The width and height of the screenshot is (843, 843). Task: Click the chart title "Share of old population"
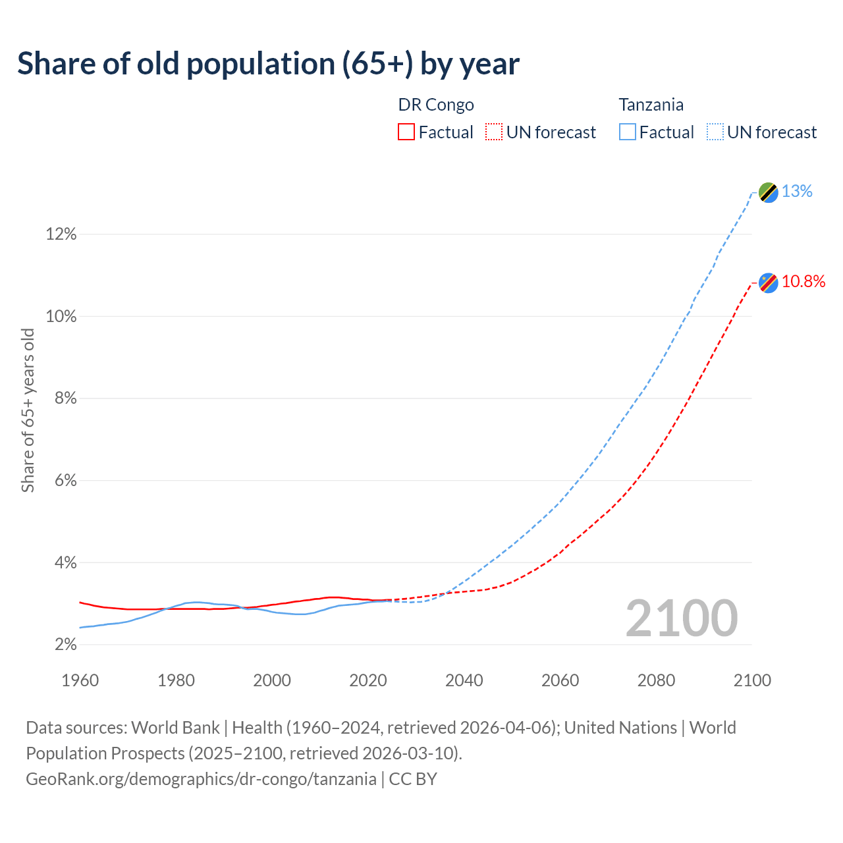268,64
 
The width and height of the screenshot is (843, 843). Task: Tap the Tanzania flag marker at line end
768,192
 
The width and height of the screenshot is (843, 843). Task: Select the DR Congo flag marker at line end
768,283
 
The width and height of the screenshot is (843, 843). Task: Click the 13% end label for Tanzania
797,192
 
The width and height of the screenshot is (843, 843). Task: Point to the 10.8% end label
803,282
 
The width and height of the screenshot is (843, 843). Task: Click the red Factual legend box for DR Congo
406,132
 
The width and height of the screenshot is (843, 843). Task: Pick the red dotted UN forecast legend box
494,132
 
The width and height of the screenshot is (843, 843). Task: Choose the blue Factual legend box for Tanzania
628,132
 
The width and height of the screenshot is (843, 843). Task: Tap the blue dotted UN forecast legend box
715,132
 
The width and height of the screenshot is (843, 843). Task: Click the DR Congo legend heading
436,105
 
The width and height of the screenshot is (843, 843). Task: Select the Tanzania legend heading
651,105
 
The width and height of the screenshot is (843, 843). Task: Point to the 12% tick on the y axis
61,234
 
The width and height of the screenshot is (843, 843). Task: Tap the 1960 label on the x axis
80,680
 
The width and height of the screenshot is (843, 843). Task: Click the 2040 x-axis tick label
464,680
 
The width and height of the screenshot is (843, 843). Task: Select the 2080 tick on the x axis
656,680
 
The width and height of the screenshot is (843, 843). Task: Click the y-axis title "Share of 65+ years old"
28,410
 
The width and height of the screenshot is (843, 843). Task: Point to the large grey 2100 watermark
681,618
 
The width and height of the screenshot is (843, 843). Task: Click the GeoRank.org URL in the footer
201,779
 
